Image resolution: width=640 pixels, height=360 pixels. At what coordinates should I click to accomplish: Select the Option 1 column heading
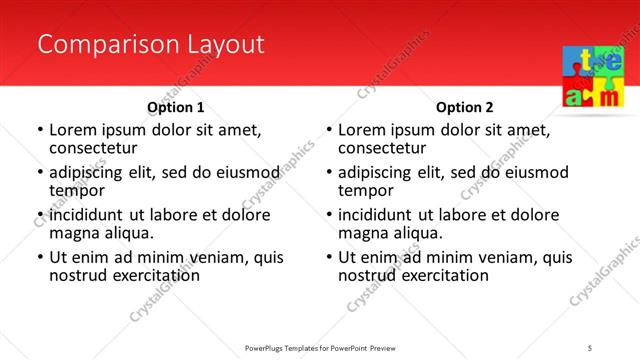(176, 107)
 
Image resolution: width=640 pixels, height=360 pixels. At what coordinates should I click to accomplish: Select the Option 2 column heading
(465, 107)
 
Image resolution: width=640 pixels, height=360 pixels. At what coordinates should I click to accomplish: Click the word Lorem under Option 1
(72, 130)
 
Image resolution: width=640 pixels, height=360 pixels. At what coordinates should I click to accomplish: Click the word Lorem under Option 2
(361, 130)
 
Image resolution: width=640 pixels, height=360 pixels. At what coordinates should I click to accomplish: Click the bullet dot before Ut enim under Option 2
(329, 258)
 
